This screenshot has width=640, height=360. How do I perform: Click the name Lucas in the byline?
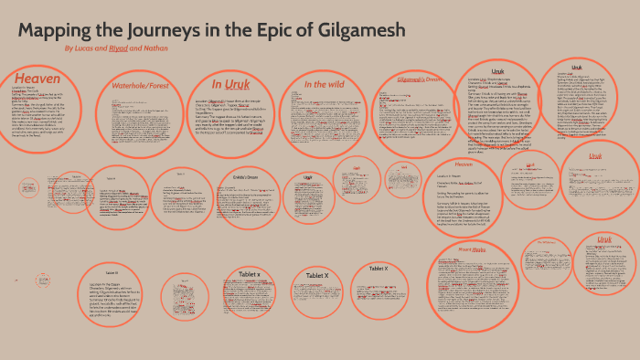coord(86,48)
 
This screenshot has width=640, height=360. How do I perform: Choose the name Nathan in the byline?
coord(155,48)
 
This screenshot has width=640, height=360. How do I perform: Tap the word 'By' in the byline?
coord(69,48)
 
